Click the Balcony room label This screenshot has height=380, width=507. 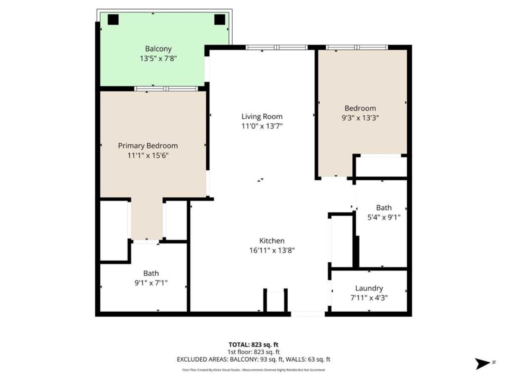(x=158, y=49)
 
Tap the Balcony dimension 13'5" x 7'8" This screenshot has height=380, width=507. (x=158, y=58)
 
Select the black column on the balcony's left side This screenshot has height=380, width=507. (x=113, y=20)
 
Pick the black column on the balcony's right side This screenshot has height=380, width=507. (x=220, y=20)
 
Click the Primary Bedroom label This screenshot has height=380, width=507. (x=148, y=146)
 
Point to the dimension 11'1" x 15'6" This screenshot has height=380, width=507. (x=148, y=155)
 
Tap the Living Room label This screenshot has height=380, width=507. (x=262, y=117)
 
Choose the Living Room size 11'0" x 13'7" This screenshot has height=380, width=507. (x=262, y=126)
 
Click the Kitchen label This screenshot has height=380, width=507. (x=272, y=241)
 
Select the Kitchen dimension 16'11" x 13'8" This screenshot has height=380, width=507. (x=272, y=250)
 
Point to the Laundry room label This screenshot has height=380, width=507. (x=369, y=288)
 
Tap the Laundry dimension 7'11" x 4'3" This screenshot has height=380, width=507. (x=369, y=298)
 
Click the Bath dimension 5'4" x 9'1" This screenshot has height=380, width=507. (x=384, y=217)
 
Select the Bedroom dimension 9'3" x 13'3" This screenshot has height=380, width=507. (x=360, y=118)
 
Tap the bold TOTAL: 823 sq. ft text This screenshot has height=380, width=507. (x=254, y=345)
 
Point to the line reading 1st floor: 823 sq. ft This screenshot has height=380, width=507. (x=254, y=352)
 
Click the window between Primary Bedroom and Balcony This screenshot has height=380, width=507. (x=166, y=89)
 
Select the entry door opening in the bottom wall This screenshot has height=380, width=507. (x=308, y=314)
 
